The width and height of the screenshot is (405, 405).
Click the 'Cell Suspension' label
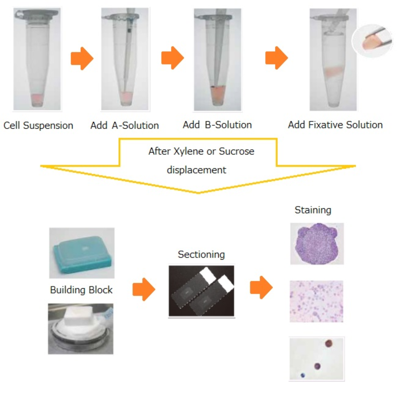click(38, 126)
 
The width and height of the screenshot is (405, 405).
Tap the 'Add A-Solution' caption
click(125, 126)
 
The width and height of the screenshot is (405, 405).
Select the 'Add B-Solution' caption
click(217, 125)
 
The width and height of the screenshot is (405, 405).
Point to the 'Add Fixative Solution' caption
click(335, 125)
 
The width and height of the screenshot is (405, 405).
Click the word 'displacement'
click(196, 170)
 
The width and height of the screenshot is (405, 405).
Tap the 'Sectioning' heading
click(201, 255)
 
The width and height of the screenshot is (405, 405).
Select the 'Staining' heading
click(313, 210)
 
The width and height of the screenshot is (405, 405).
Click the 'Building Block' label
click(81, 290)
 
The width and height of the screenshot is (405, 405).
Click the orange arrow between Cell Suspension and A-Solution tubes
click(82, 58)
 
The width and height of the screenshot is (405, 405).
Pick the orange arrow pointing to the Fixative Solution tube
click(277, 58)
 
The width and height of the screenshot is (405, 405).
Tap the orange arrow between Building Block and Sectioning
click(144, 289)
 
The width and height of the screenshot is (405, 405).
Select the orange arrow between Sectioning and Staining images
click(261, 287)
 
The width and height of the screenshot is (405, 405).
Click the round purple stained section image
click(317, 243)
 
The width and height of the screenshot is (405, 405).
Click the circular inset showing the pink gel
click(372, 40)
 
